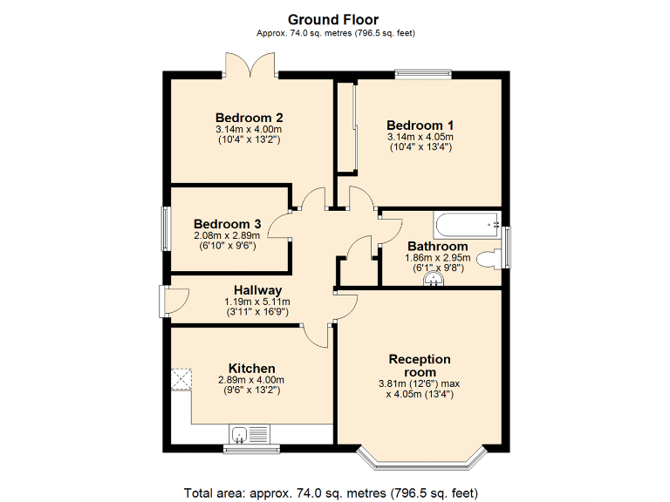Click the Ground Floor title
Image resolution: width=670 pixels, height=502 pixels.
coord(335,19)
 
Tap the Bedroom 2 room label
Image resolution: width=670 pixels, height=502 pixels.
coord(249,118)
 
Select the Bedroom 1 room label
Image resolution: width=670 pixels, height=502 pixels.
coord(420,125)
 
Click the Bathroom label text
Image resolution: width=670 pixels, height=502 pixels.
coord(437,247)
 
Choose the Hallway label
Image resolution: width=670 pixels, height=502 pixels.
coord(257,290)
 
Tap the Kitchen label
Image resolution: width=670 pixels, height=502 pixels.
coord(251,368)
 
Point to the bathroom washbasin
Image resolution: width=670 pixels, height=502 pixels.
coord(434,280)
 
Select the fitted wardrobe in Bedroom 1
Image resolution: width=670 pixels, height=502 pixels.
coord(345,126)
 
